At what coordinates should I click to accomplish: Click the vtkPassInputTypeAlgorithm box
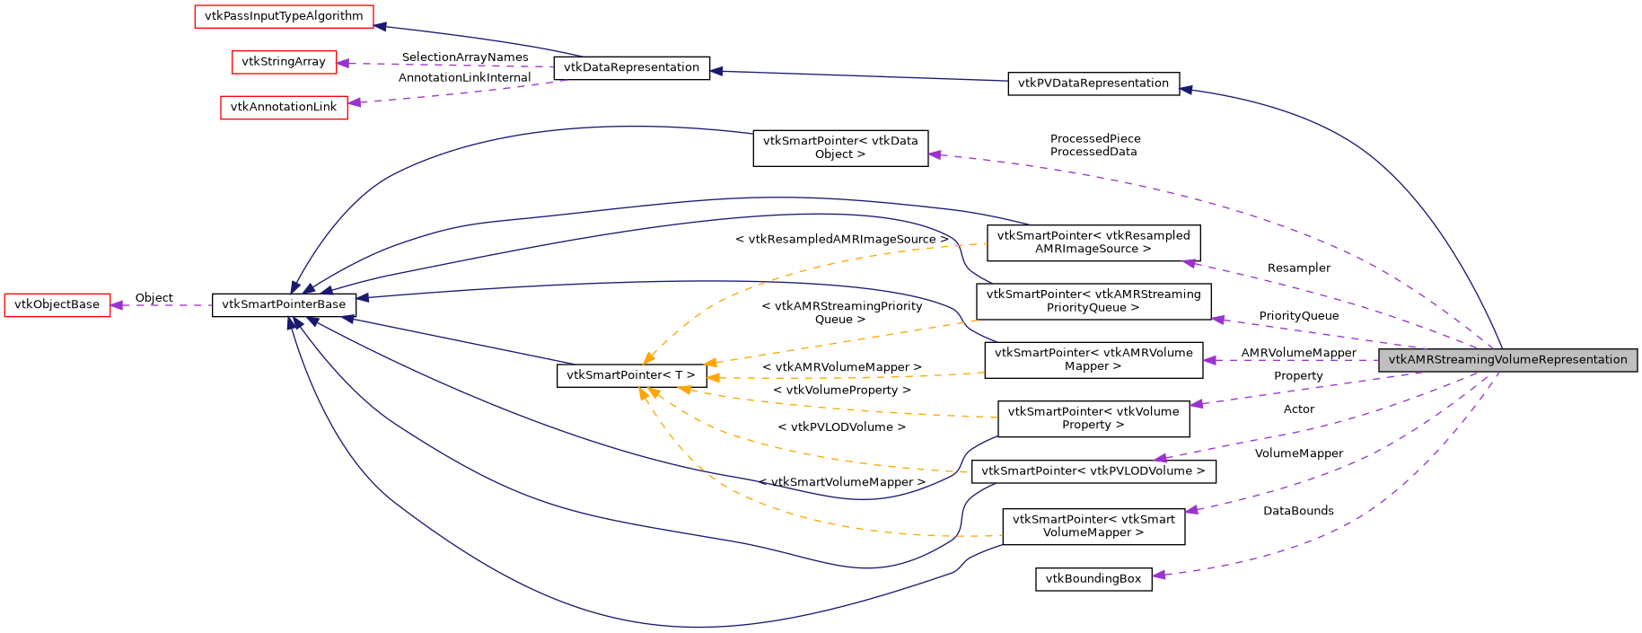pyautogui.click(x=284, y=16)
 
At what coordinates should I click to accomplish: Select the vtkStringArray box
pyautogui.click(x=284, y=62)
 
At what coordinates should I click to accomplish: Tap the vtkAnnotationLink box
pyautogui.click(x=284, y=107)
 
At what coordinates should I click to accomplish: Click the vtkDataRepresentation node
pyautogui.click(x=631, y=67)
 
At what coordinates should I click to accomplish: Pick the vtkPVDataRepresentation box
pyautogui.click(x=1093, y=84)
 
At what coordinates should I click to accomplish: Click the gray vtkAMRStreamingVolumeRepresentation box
pyautogui.click(x=1507, y=360)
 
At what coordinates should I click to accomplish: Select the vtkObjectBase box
pyautogui.click(x=57, y=304)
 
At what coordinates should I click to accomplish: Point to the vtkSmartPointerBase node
pyautogui.click(x=284, y=304)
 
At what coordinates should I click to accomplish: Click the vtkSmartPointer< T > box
pyautogui.click(x=631, y=375)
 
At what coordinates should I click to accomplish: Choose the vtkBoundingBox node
pyautogui.click(x=1093, y=579)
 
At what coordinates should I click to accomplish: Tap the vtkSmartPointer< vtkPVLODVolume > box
pyautogui.click(x=1093, y=471)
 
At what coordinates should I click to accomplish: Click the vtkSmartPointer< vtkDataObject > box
pyautogui.click(x=839, y=147)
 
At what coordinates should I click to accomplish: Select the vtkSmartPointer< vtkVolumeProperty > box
pyautogui.click(x=1093, y=418)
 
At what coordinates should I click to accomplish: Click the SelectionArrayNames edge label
pyautogui.click(x=464, y=57)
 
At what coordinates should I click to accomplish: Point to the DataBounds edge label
pyautogui.click(x=1297, y=511)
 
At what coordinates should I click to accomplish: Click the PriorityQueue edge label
pyautogui.click(x=1298, y=316)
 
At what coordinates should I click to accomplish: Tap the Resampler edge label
pyautogui.click(x=1298, y=268)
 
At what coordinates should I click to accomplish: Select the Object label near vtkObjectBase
pyautogui.click(x=154, y=298)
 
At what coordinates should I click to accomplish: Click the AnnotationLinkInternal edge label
pyautogui.click(x=464, y=78)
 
